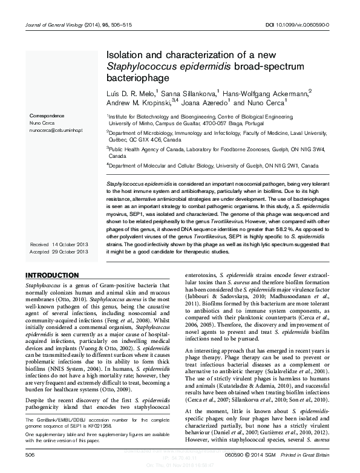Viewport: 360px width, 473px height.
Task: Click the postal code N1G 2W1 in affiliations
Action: click(x=287, y=165)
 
